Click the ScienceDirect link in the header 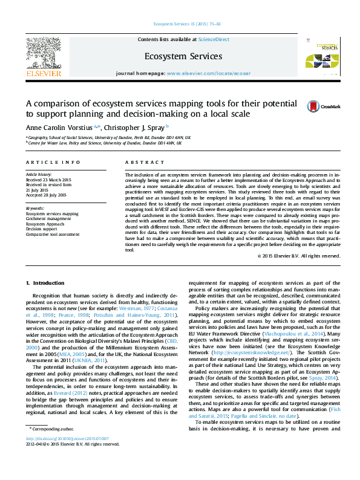tap(214, 39)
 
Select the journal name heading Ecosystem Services tap(183, 56)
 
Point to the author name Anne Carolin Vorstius tap(59, 127)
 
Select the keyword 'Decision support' tap(42, 228)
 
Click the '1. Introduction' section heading tap(47, 283)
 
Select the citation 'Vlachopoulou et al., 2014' tap(296, 333)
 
